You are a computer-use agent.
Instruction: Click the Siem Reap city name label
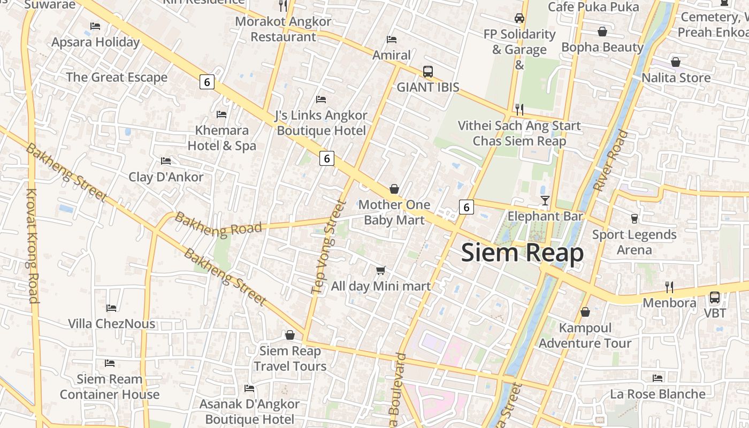pos(522,253)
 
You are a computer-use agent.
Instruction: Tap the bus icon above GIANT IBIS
pos(427,71)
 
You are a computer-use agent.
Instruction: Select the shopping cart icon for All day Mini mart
pos(380,271)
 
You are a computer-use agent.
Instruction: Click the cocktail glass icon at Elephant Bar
pos(545,201)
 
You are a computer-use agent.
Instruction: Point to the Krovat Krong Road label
pos(33,246)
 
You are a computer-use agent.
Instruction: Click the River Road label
pos(610,160)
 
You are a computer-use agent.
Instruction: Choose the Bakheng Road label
pos(218,226)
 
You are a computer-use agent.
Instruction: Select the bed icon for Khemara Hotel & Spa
pos(221,114)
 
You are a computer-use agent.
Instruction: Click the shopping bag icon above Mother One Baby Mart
pos(394,189)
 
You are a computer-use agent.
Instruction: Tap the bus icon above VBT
pos(714,297)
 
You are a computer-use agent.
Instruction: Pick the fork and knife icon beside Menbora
pos(669,287)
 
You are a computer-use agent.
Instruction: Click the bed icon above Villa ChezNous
pos(111,308)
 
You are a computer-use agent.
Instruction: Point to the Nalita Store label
pos(676,78)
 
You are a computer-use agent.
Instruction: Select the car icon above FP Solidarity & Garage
pos(519,18)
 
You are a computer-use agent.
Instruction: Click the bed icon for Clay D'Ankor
pos(166,161)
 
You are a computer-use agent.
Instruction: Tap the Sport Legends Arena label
pos(634,242)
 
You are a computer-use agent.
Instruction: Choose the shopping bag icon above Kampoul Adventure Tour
pos(585,312)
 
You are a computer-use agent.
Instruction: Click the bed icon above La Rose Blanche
pos(658,378)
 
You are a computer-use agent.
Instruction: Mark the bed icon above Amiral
pos(392,40)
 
